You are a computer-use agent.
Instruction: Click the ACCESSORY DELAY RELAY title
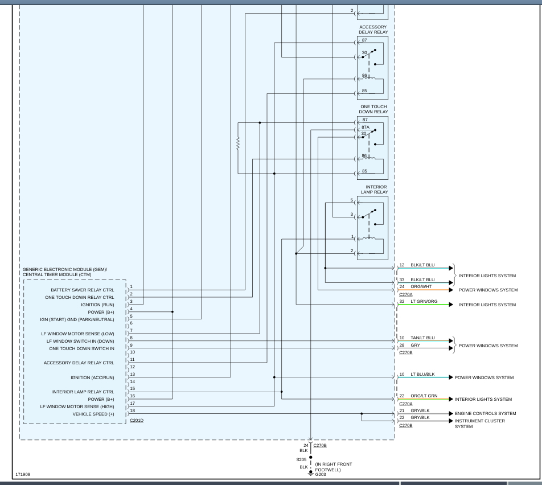tap(373, 30)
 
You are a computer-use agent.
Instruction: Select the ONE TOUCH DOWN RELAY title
tap(373, 109)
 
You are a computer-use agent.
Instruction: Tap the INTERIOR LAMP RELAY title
tap(374, 190)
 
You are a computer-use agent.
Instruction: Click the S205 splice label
tap(301, 459)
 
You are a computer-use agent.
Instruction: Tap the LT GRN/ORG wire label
tap(424, 302)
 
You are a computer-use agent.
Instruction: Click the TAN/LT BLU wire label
tap(422, 338)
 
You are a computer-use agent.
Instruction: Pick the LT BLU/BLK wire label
tap(422, 375)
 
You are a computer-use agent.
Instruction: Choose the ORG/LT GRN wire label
tap(424, 396)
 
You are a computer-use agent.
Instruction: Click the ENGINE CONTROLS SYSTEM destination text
tap(485, 414)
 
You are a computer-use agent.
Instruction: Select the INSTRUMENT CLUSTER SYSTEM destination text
tap(479, 424)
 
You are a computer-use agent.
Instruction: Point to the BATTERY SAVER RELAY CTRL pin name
tap(82, 290)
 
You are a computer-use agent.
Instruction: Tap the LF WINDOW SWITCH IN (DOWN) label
tap(80, 341)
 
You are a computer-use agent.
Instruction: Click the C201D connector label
tap(137, 421)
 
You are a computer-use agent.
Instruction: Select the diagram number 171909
tap(23, 473)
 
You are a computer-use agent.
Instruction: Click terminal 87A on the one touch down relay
tap(366, 128)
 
